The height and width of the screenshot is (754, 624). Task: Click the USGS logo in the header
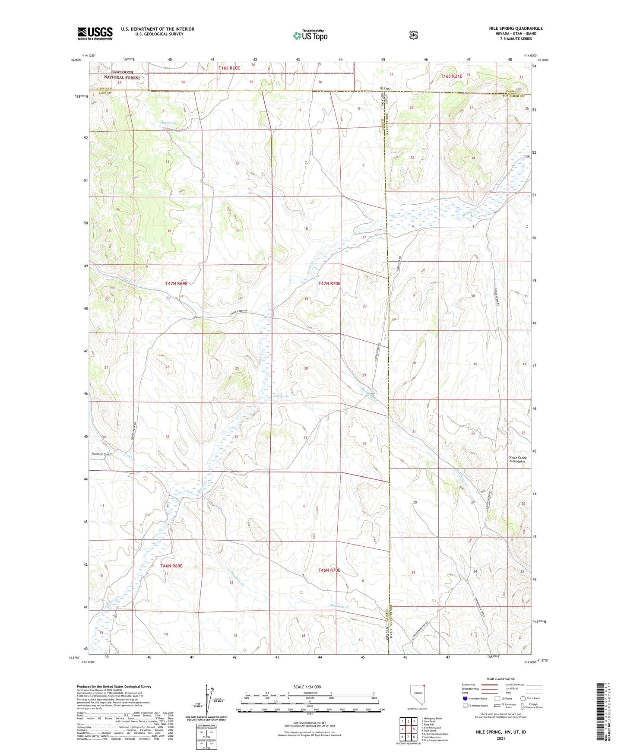point(95,33)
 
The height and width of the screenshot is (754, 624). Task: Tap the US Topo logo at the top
point(310,35)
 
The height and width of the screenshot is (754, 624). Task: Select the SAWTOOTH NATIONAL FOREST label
point(122,75)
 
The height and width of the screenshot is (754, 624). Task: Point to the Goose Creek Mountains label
point(517,459)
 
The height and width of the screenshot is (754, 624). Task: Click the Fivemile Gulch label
point(101,454)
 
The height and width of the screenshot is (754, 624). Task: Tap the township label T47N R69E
point(176,284)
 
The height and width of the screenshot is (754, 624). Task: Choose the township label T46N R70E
point(329,570)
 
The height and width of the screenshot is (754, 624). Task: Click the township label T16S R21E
point(451,76)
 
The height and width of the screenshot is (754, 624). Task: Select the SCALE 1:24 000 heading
point(307,687)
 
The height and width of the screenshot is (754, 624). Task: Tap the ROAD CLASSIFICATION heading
point(500,679)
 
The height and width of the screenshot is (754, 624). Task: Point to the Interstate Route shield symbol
point(465,698)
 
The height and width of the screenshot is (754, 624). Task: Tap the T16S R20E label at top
point(229,68)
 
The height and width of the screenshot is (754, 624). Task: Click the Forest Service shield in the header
point(413,35)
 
